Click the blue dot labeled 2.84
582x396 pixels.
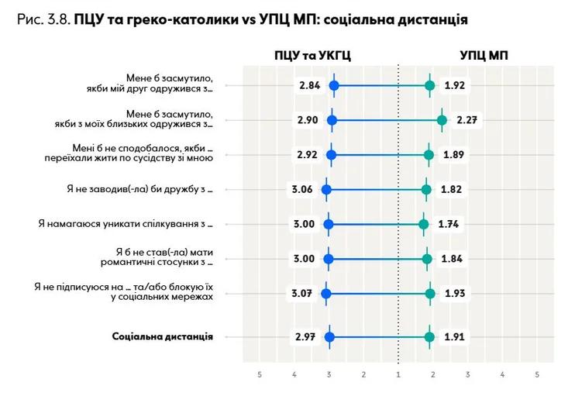pos(334,85)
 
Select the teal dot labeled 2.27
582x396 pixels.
pos(442,120)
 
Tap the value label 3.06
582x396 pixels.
pos(302,190)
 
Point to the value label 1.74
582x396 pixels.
pos(449,224)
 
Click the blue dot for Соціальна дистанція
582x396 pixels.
pos(329,337)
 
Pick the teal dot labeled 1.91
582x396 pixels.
pos(429,337)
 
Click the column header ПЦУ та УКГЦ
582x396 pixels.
pos(312,56)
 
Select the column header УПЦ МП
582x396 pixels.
pos(484,56)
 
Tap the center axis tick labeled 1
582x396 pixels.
pos(398,375)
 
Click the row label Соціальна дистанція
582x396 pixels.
pos(163,336)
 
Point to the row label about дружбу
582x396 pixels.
pos(140,189)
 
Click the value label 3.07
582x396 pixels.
pos(301,294)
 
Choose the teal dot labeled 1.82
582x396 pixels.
pos(426,190)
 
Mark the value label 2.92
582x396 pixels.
pos(308,155)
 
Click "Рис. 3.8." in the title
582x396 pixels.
pos(44,19)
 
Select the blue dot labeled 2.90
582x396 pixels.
pos(332,120)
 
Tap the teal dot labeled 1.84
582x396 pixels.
pos(427,259)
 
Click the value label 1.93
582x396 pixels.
pos(455,294)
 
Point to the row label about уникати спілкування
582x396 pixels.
pos(126,224)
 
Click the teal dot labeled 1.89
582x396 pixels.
pos(429,155)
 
